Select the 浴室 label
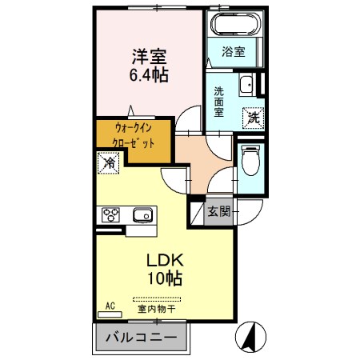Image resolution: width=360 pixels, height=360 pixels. coord(234,51)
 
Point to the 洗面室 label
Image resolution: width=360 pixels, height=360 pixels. coord(218,102)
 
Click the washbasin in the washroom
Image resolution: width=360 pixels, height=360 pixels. coord(248,84)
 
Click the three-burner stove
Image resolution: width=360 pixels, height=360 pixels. coord(110,215)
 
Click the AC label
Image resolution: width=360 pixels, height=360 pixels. coord(110,305)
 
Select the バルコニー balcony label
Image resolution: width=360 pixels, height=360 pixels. coord(142,338)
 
